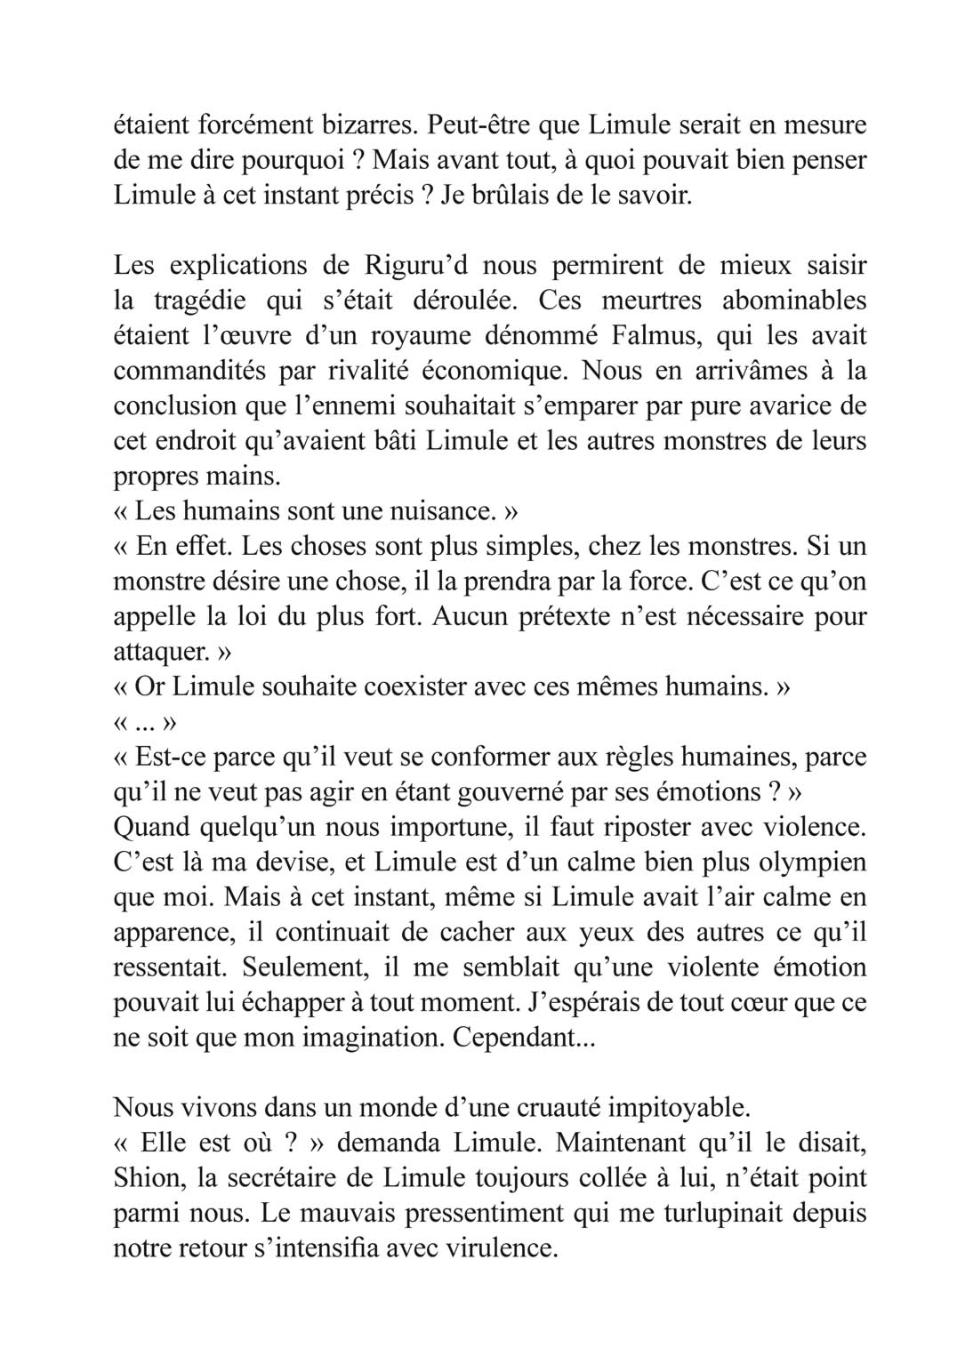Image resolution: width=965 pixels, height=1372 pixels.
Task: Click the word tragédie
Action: [196, 301]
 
